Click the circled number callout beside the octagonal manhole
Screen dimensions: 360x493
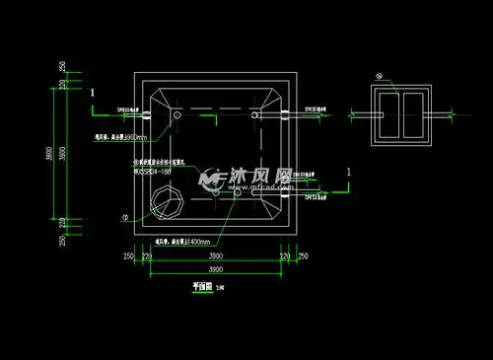point(124,217)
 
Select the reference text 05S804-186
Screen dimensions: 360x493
point(153,169)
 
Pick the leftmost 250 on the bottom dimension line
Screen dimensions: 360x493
point(128,257)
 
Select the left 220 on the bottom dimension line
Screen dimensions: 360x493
point(147,257)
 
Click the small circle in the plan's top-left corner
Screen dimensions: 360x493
point(177,115)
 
